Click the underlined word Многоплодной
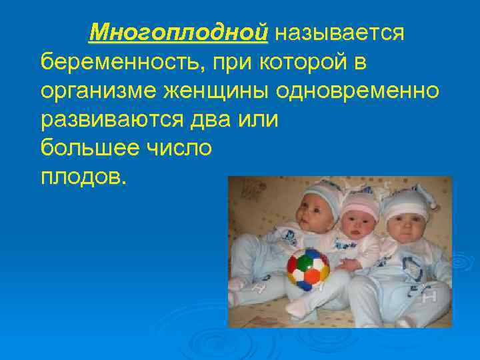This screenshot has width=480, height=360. (x=178, y=32)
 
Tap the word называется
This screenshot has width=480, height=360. (x=339, y=32)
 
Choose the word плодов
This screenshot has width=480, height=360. (x=81, y=177)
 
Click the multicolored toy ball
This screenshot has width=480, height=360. (x=308, y=267)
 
